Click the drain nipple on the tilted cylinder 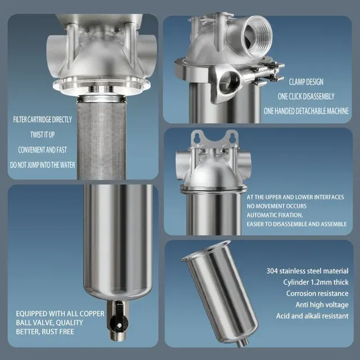click(x=243, y=342)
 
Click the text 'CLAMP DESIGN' click(x=306, y=82)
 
